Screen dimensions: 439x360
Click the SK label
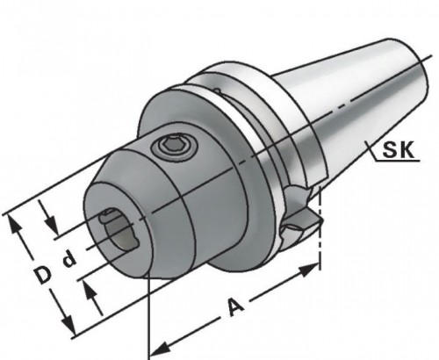tap(399, 149)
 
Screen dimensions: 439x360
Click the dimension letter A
tap(236, 306)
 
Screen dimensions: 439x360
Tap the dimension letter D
tap(43, 275)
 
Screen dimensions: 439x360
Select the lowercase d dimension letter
tap(69, 260)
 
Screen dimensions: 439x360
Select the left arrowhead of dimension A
tap(160, 348)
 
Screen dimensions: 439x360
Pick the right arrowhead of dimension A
tap(309, 269)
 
